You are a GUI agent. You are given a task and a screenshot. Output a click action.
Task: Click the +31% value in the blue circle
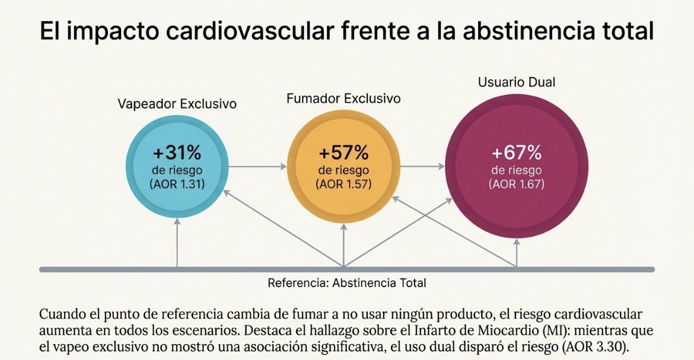click(177, 153)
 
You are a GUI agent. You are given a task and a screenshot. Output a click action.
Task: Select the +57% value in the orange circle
click(343, 153)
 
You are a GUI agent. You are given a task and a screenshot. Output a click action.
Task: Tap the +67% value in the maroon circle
click(516, 153)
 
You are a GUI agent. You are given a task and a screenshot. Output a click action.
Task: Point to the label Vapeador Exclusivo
click(177, 104)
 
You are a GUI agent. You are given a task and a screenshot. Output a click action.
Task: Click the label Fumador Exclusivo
click(343, 98)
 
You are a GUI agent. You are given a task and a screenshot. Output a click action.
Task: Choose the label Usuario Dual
click(517, 82)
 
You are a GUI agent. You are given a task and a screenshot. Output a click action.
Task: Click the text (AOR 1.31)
click(177, 184)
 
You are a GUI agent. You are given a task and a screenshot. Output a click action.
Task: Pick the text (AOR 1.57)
click(344, 184)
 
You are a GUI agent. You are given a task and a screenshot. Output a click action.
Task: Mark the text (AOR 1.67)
click(516, 184)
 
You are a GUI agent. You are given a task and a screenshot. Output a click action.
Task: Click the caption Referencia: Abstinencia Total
click(346, 283)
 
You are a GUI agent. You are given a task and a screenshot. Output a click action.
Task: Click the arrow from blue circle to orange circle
click(257, 167)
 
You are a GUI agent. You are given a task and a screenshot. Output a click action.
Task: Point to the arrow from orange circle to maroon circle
click(422, 167)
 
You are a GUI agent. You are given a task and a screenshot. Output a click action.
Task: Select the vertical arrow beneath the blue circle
click(177, 243)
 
